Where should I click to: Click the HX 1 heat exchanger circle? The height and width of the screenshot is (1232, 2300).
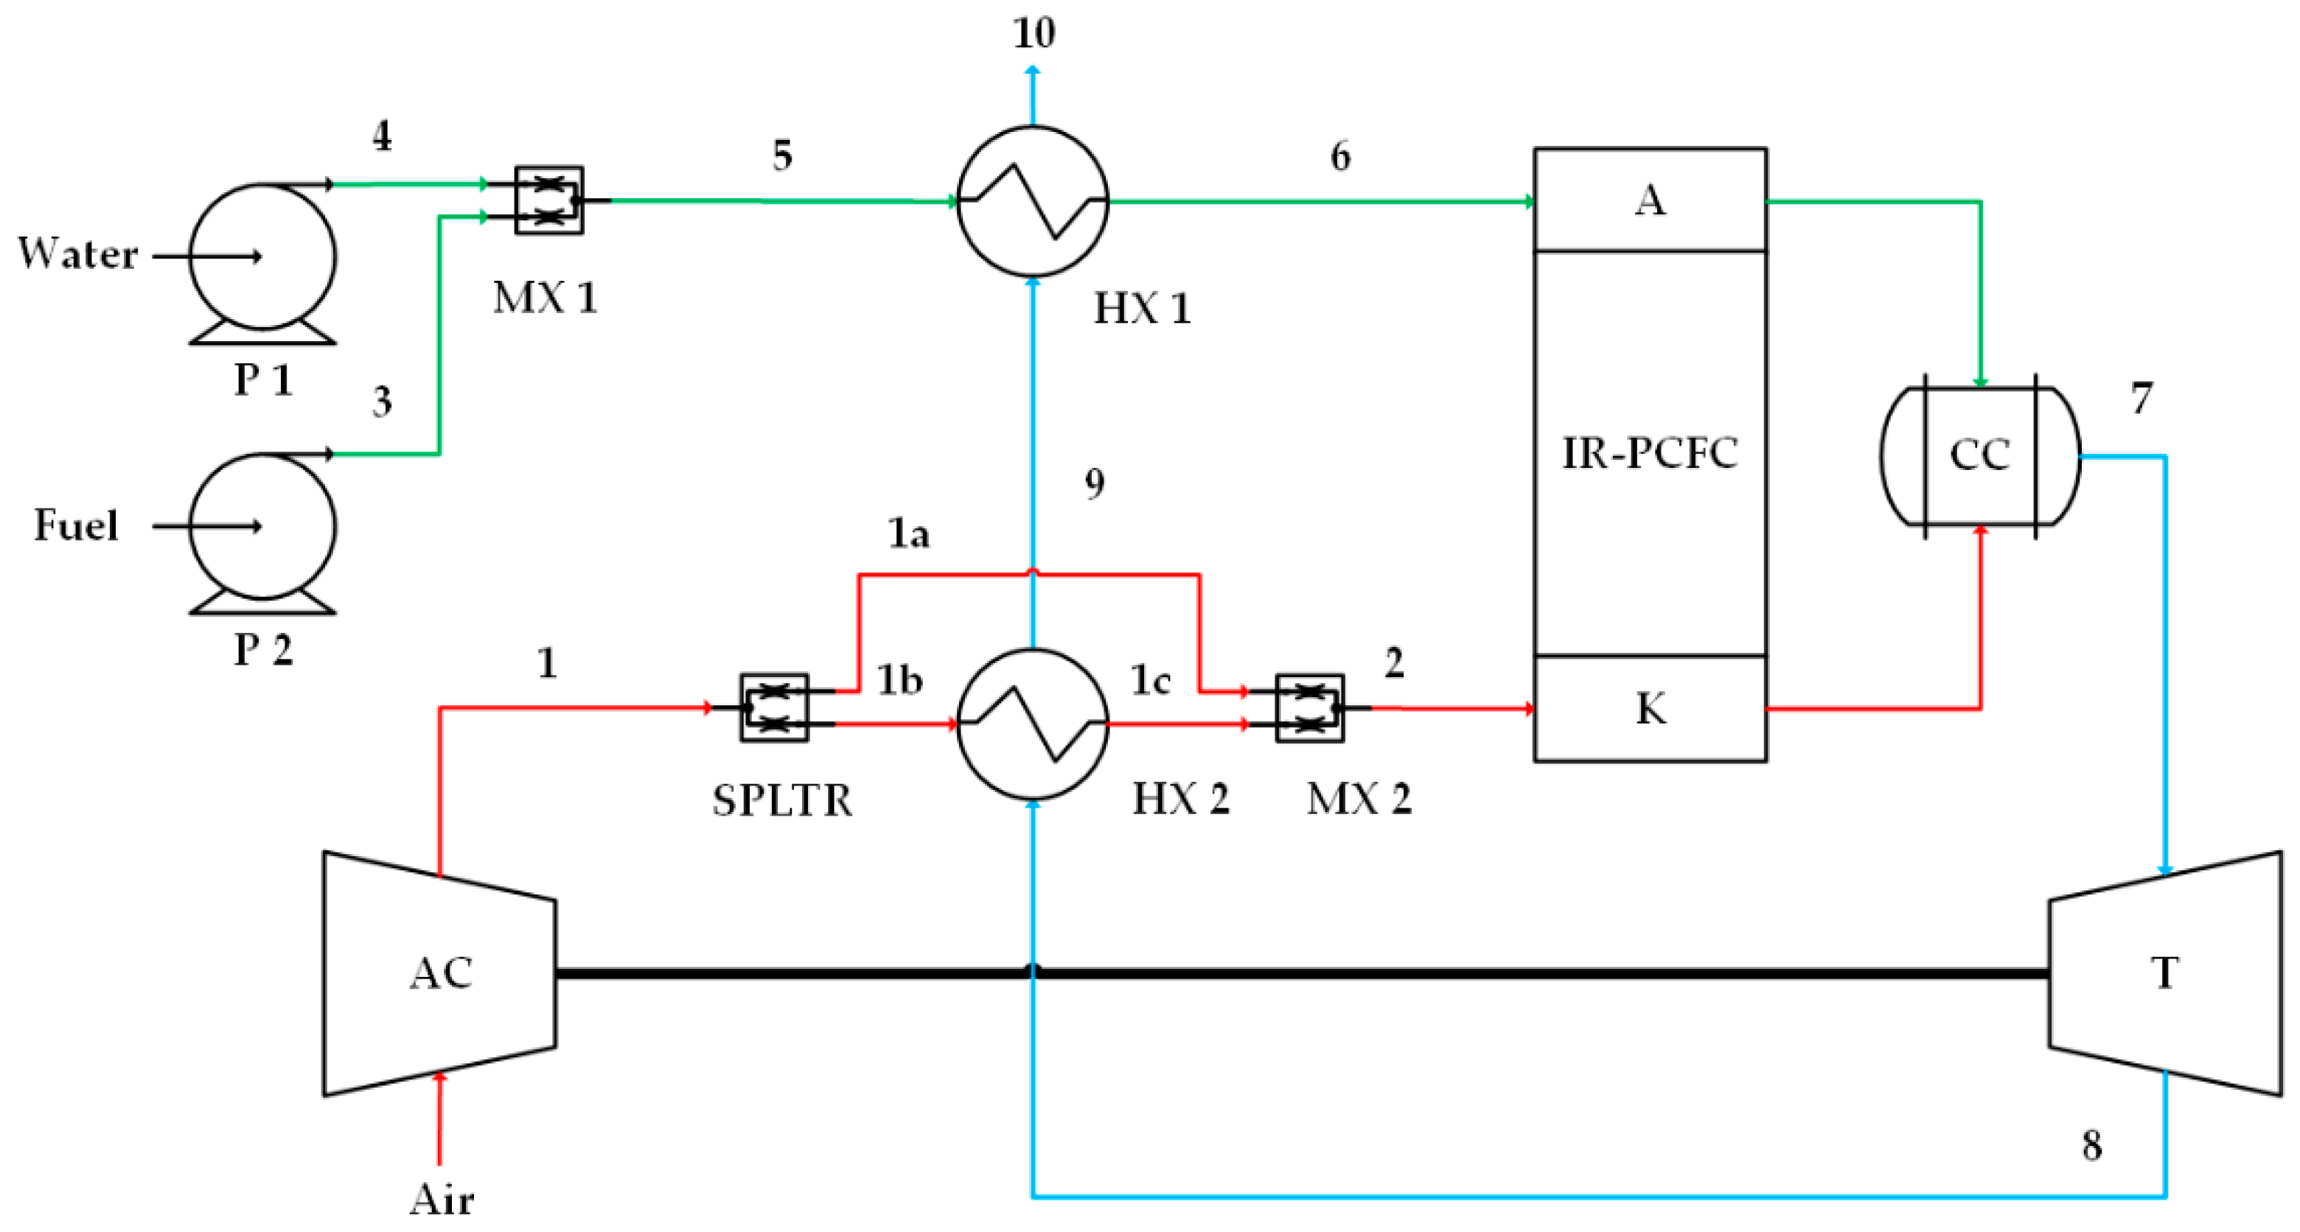click(1032, 201)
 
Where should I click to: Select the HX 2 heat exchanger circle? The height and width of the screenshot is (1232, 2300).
click(1032, 724)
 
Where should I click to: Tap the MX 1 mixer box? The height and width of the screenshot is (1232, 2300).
click(549, 200)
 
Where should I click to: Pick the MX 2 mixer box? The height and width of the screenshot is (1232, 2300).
click(1309, 708)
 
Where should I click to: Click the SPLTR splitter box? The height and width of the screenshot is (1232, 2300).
click(773, 708)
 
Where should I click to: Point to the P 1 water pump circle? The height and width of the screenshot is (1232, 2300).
click(262, 256)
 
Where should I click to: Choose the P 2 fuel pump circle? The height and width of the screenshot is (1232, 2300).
click(262, 526)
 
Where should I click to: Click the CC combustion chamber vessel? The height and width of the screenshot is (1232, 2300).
click(1979, 456)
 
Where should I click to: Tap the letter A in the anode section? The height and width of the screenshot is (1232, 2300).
click(1649, 200)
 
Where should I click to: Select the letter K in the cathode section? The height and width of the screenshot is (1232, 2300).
click(1650, 709)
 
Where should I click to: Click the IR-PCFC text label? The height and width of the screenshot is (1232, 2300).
click(1649, 453)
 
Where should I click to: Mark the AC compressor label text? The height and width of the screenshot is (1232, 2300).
click(441, 973)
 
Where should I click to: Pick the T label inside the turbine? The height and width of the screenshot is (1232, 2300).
click(2164, 973)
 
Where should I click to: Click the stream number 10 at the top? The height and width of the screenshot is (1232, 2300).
click(1033, 33)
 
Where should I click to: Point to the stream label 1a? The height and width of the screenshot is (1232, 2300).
click(908, 534)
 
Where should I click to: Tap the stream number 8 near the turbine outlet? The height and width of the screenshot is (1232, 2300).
click(2092, 1145)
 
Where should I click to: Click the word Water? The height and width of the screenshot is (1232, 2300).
click(79, 254)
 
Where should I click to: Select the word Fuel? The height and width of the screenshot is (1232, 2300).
click(76, 525)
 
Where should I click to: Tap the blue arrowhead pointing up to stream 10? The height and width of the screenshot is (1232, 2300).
click(1033, 70)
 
